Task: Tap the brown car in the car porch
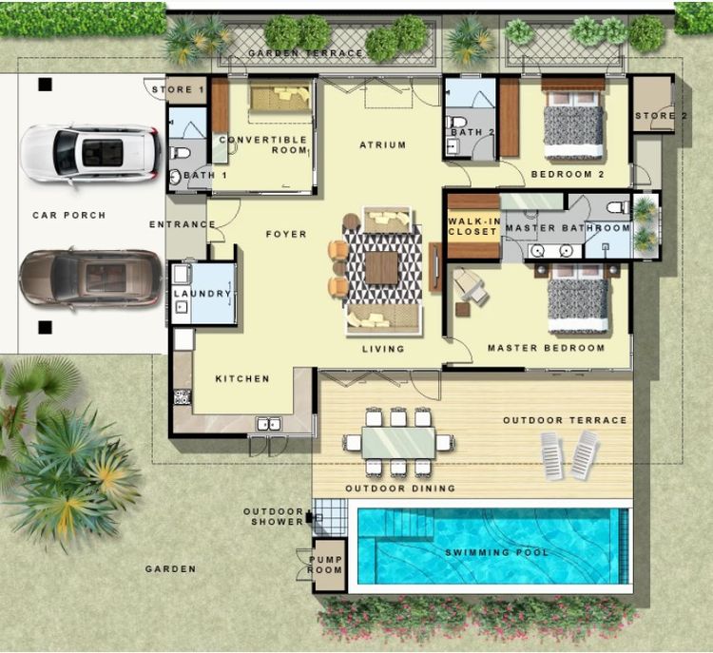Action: coord(91,278)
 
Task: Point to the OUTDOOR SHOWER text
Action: coord(273,516)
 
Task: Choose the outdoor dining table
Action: coord(398,441)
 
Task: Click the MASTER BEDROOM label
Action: coord(546,348)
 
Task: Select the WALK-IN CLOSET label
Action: coord(473,226)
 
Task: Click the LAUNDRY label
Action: coord(202,294)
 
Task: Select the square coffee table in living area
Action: coord(381,267)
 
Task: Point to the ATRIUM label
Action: coord(382,145)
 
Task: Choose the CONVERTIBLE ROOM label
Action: coord(263,145)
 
